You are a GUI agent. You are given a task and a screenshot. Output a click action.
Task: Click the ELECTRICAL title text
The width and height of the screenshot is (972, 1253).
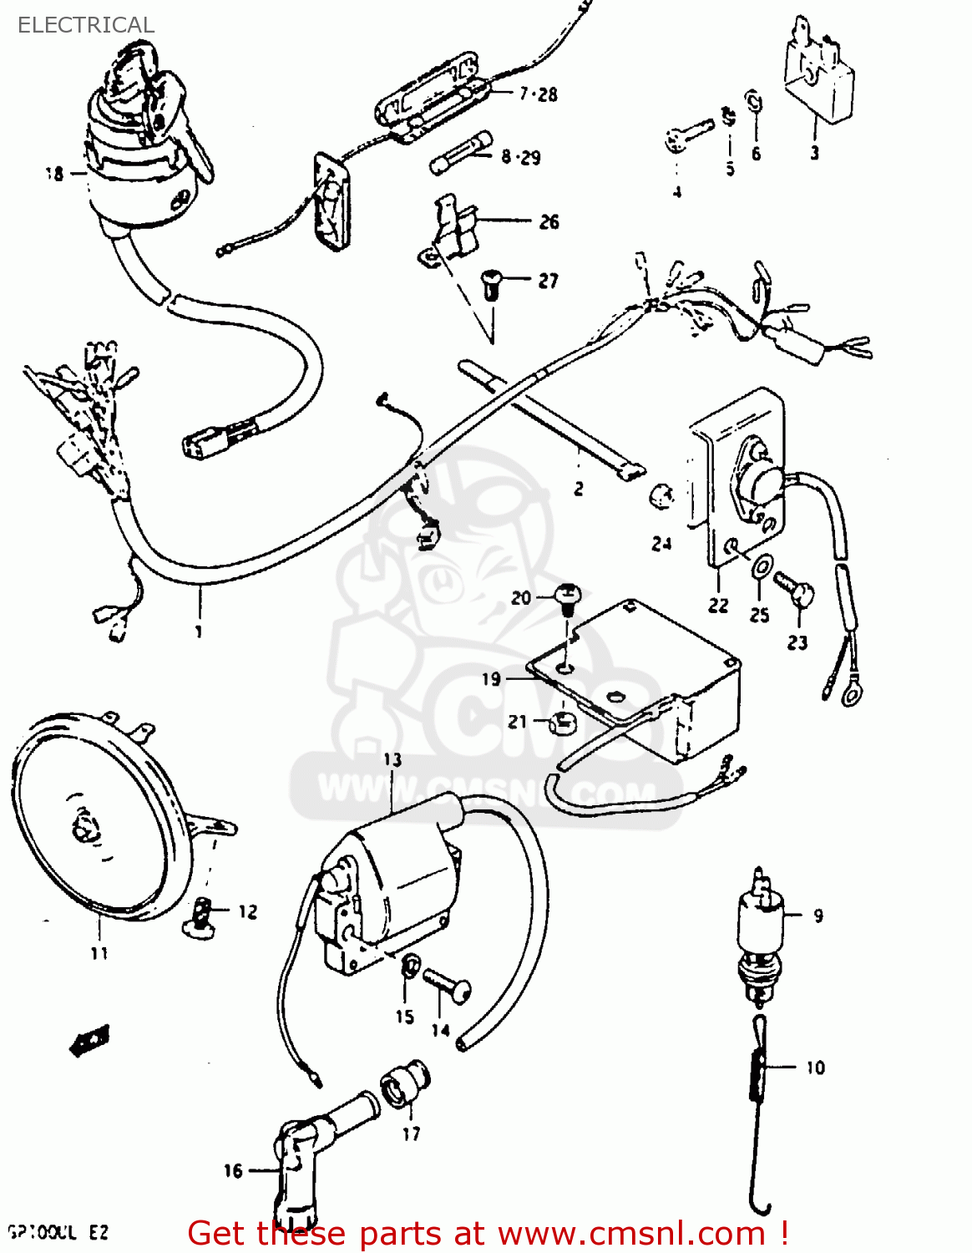tap(86, 25)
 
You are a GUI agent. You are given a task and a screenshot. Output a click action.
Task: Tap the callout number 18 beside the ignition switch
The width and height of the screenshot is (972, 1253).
tap(54, 174)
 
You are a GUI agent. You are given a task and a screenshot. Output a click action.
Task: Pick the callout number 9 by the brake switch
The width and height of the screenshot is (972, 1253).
tap(818, 916)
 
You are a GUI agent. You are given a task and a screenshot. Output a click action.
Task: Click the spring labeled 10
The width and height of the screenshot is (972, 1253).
tap(760, 1069)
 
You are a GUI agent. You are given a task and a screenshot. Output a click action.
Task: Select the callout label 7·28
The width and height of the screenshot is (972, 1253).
tap(538, 94)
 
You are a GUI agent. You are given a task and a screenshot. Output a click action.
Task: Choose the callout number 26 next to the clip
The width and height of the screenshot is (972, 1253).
tap(549, 221)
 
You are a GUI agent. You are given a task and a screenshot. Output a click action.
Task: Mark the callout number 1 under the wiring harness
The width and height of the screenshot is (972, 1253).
tap(199, 632)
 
